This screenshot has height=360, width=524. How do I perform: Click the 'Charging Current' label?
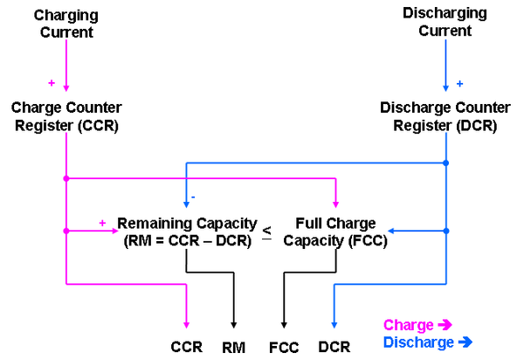66,24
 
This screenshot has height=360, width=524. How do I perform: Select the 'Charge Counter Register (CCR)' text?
66,115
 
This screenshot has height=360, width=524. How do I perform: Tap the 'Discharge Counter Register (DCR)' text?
445,115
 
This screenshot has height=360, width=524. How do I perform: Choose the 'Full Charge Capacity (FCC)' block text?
334,232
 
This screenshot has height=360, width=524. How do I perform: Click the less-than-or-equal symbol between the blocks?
266,232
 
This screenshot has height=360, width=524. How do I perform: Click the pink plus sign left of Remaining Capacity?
102,223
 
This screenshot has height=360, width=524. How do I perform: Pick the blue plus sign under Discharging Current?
460,84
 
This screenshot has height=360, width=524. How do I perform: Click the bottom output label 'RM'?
233,347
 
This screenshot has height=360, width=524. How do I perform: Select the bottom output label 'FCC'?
283,347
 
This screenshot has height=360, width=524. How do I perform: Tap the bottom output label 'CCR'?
186,347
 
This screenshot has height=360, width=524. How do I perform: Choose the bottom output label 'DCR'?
334,347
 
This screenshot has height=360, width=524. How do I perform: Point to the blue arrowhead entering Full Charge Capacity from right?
393,232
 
